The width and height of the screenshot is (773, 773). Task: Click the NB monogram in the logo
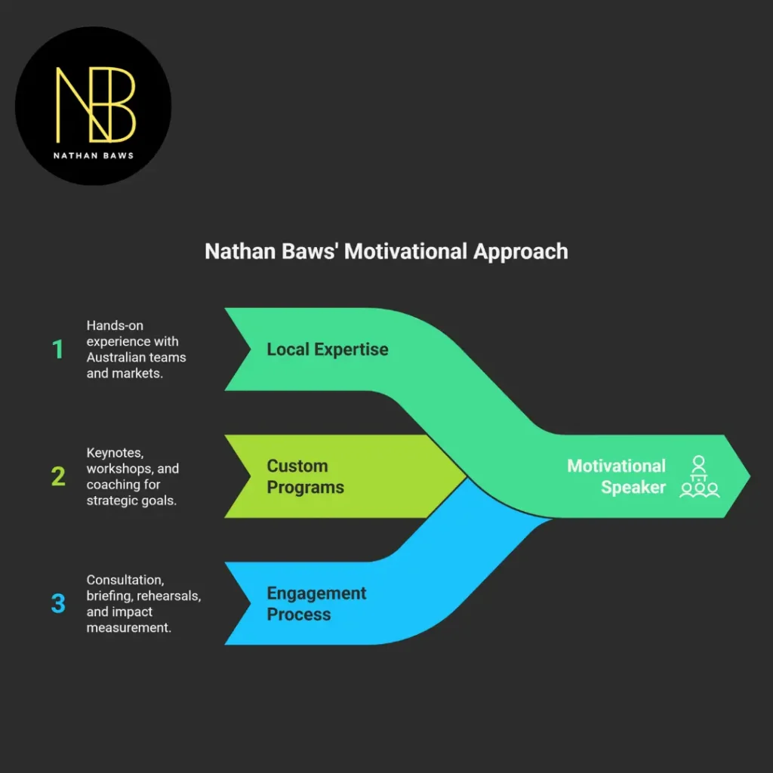[95, 104]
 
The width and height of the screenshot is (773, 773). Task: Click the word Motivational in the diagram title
[406, 251]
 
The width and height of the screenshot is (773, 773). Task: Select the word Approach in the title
[521, 251]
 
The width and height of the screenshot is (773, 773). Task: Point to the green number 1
[57, 350]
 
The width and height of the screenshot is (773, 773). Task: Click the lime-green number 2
[58, 476]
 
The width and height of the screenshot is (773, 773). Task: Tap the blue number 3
[58, 603]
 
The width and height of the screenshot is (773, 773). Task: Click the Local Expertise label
[328, 350]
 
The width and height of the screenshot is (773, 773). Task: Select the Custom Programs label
[305, 476]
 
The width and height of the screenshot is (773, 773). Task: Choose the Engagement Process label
[316, 603]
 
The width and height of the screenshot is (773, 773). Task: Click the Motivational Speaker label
[616, 476]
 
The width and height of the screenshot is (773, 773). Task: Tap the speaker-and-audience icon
[699, 476]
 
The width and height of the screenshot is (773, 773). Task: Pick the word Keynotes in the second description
[115, 453]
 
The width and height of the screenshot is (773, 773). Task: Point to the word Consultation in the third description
[125, 580]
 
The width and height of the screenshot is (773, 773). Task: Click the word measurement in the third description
[128, 627]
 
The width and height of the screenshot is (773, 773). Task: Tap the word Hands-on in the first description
[115, 325]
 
